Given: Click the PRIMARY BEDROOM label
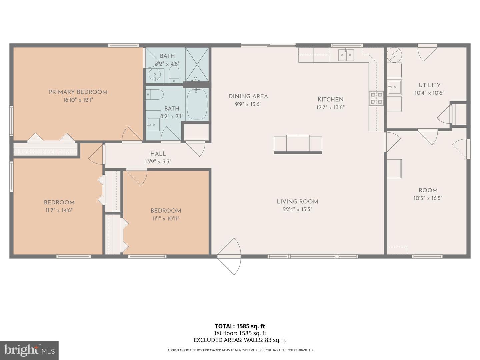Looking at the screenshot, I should (78, 92).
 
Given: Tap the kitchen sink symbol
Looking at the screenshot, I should (346, 55).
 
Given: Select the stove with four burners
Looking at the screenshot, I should (376, 98).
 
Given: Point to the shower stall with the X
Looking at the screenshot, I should (197, 64).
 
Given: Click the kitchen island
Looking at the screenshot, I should (298, 144).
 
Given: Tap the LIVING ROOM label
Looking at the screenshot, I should (297, 201).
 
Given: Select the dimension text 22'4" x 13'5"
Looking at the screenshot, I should (297, 209).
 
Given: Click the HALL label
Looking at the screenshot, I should (158, 154).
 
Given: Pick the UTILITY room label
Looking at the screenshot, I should (429, 85).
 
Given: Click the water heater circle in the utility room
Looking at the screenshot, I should (394, 55).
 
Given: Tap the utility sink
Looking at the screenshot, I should (394, 87).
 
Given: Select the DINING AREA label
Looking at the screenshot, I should (248, 96).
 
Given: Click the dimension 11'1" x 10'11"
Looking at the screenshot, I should (166, 219).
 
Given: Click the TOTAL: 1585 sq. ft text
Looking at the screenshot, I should (240, 326).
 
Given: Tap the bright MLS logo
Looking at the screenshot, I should (29, 350).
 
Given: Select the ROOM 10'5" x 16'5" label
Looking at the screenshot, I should (428, 190).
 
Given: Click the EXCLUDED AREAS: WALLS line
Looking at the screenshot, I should (240, 340).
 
